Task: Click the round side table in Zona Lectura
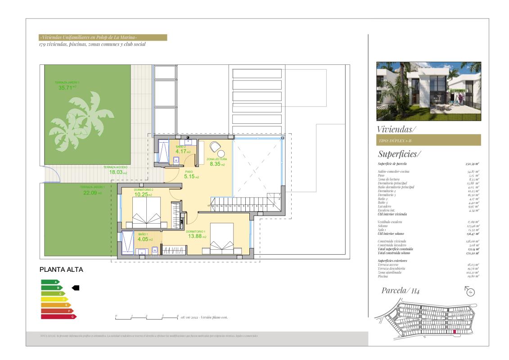[x=221, y=154]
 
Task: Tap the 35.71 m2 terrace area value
[x=65, y=88]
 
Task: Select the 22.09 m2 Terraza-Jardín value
[x=90, y=193]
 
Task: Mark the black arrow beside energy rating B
[x=76, y=287]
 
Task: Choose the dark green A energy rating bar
[x=50, y=282]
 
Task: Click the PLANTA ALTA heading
[x=62, y=270]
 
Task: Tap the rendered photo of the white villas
[x=428, y=91]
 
